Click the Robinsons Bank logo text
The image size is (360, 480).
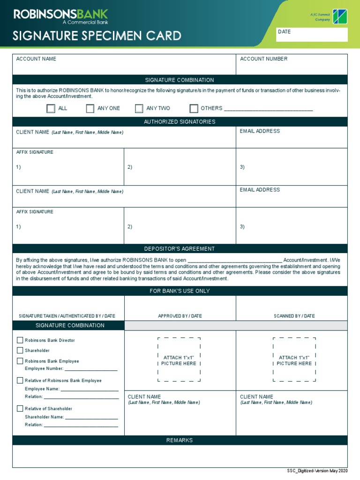pos(61,15)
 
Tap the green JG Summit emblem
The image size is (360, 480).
pos(340,16)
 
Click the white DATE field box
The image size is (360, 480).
pos(312,35)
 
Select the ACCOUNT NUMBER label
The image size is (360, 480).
pos(263,59)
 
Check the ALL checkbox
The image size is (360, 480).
pos(51,109)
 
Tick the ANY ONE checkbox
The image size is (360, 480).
pos(90,109)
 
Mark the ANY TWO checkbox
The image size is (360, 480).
pos(139,109)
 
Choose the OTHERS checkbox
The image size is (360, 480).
pos(194,109)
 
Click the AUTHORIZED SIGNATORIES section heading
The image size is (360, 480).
pos(180,122)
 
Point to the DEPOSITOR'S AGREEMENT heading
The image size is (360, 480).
pos(180,249)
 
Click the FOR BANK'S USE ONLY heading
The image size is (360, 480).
pos(180,291)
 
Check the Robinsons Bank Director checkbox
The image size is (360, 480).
pos(20,340)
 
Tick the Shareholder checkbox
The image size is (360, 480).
pos(20,351)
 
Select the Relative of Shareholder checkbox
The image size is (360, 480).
pos(20,409)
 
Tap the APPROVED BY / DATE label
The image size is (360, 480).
pos(180,316)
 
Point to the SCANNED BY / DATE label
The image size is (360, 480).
pos(294,316)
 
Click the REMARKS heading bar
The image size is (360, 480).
pos(180,441)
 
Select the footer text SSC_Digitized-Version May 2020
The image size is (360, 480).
pos(317,471)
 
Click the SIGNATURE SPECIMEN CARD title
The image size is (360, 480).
pos(97,36)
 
